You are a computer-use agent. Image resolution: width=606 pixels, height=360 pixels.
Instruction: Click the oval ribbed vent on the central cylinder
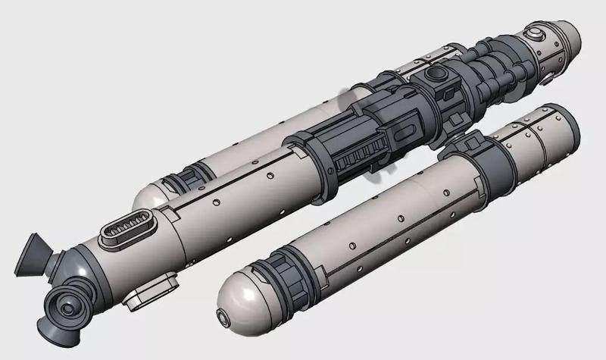point(131,230)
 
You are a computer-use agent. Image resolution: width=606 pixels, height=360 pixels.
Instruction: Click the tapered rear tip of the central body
point(565,38)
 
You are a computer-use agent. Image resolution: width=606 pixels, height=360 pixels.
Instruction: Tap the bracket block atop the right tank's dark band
point(474,141)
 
